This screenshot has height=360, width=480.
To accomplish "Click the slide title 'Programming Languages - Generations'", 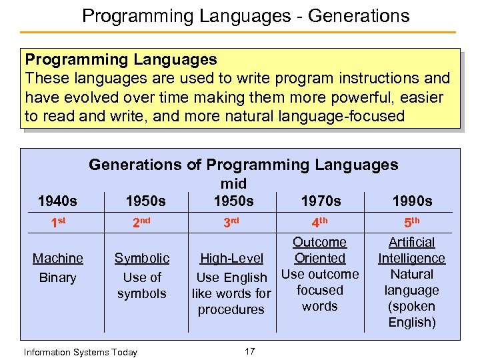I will pyautogui.click(x=245, y=15).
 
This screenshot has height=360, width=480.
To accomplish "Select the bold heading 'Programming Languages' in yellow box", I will pyautogui.click(x=121, y=60).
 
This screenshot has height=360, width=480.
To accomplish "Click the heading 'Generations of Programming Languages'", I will pyautogui.click(x=243, y=164).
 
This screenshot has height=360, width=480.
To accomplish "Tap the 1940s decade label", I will pyautogui.click(x=57, y=201).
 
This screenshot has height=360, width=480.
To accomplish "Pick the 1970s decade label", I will pyautogui.click(x=321, y=201).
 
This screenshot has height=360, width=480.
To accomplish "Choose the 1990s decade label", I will pyautogui.click(x=412, y=201).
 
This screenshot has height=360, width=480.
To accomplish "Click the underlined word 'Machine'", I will pyautogui.click(x=58, y=258).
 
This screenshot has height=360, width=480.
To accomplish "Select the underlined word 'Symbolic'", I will pyautogui.click(x=142, y=258).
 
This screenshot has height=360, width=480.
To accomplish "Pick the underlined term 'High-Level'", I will pyautogui.click(x=231, y=259).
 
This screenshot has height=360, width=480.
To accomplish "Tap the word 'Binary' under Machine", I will pyautogui.click(x=58, y=277).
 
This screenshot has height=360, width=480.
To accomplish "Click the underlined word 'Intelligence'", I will pyautogui.click(x=411, y=258).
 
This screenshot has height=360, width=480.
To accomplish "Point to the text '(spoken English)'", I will pyautogui.click(x=411, y=315).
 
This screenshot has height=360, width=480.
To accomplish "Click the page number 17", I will pyautogui.click(x=249, y=351).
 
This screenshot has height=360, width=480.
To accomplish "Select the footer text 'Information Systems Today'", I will pyautogui.click(x=80, y=352).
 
